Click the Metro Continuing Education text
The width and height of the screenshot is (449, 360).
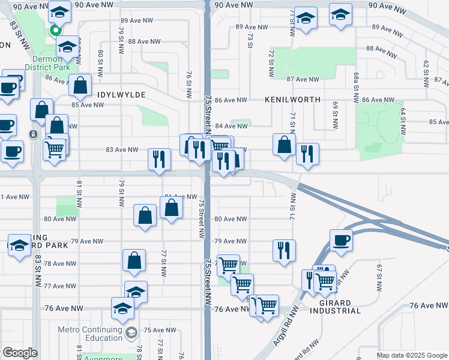(x=89, y=334)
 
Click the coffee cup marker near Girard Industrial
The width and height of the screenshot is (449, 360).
(x=341, y=240)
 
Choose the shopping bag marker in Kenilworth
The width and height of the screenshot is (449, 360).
(x=284, y=145)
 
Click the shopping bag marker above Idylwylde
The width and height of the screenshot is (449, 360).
(x=80, y=85)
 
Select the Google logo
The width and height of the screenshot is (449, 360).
(x=20, y=353)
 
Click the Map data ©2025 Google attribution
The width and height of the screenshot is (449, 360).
(x=412, y=355)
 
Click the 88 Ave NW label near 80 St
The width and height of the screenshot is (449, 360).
(x=145, y=41)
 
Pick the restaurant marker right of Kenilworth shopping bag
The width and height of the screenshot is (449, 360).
(x=307, y=154)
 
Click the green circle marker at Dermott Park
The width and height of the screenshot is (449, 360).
(x=56, y=30)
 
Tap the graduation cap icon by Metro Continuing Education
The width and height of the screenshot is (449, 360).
(x=131, y=332)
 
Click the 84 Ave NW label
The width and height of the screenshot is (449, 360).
(x=231, y=126)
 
